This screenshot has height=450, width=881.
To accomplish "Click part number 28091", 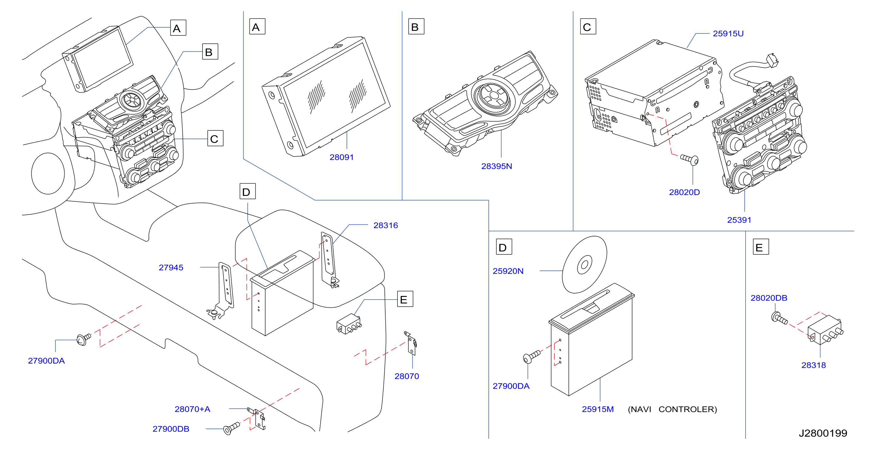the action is (341, 157).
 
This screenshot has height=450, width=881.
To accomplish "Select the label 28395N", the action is (497, 166).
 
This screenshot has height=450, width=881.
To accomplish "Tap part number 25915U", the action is (728, 34).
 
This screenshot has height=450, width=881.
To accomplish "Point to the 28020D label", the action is (684, 192).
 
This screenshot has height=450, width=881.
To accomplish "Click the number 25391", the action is (739, 220).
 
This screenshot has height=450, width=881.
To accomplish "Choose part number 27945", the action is (171, 268).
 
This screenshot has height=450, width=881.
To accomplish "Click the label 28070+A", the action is (192, 409).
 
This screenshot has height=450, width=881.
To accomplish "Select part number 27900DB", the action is (171, 429).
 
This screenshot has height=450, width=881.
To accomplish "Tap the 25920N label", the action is (508, 271).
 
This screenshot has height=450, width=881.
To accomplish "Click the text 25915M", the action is (598, 409).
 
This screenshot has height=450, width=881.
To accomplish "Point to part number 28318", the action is (814, 365).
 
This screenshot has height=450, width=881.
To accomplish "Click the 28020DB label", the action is (769, 298).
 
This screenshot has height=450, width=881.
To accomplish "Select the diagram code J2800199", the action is (823, 433).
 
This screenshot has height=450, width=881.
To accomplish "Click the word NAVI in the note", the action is (640, 409).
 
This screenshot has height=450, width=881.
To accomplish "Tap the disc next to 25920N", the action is (585, 264).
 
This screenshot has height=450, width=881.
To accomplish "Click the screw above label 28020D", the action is (689, 160).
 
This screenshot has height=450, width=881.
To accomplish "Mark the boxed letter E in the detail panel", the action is (761, 247).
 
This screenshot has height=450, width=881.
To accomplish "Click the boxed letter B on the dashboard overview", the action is (210, 52).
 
